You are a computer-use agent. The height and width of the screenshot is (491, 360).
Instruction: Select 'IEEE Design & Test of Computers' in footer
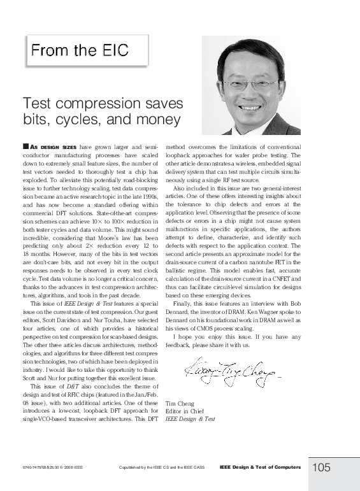260,467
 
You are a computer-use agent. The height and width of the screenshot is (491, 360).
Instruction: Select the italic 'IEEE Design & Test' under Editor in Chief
191,420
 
